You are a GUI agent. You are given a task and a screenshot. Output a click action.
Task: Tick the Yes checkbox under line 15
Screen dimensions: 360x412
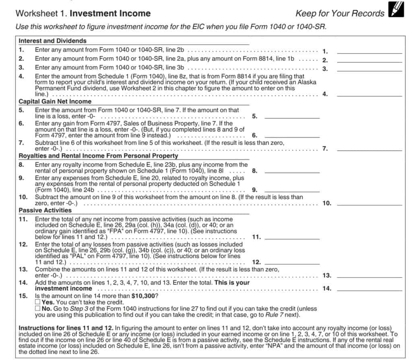point(37,302)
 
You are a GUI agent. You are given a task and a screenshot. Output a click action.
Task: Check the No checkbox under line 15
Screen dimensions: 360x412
point(37,309)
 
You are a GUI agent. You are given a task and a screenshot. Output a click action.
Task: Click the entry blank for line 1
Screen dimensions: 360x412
point(369,51)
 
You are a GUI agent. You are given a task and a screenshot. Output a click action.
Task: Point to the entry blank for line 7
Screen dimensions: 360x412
point(369,148)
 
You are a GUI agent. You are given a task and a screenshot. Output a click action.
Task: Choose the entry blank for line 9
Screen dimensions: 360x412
point(292,189)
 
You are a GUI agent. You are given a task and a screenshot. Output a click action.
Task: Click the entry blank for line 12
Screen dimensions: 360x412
point(292,262)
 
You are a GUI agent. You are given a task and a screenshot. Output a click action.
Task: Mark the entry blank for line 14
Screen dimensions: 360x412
point(369,288)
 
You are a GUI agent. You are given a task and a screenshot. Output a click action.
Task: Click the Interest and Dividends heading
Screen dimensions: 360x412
point(53,41)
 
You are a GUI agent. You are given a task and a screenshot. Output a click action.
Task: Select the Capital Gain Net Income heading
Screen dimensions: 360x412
point(55,102)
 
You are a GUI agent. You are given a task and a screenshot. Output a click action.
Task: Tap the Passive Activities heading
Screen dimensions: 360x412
point(45,210)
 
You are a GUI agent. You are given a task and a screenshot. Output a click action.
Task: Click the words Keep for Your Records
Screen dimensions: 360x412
point(340,13)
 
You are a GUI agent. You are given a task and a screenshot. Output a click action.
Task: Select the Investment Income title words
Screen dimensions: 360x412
point(110,13)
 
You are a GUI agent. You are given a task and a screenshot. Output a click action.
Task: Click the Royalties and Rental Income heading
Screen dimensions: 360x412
point(98,156)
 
